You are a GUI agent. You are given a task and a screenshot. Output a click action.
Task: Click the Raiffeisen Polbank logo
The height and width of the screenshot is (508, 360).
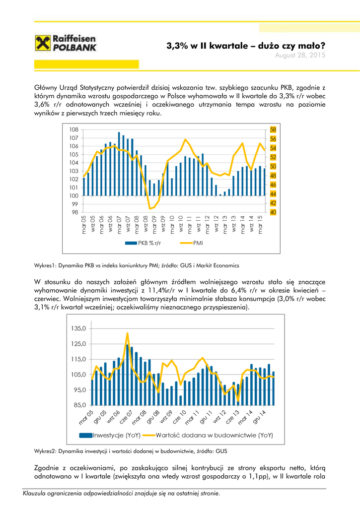coord(66,44)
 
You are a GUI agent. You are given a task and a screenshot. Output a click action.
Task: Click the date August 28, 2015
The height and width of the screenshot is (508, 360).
coord(300,56)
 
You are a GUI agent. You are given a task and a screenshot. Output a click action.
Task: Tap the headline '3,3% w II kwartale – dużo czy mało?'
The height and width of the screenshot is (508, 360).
coord(246,46)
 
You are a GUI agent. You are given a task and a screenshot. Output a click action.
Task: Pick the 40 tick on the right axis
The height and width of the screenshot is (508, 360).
coord(273,212)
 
